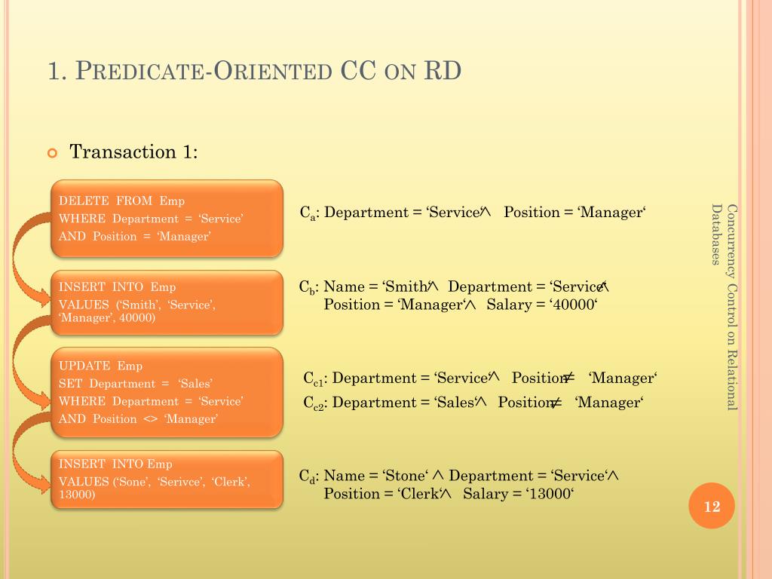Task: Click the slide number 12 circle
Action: (x=712, y=507)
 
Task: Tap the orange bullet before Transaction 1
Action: (x=52, y=153)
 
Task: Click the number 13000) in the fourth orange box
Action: (x=78, y=495)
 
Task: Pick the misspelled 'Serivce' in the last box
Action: (x=181, y=482)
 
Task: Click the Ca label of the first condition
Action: (x=307, y=213)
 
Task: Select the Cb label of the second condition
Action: (x=307, y=287)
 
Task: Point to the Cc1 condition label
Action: (x=314, y=379)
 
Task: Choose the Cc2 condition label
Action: (x=314, y=403)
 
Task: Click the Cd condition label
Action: (x=307, y=476)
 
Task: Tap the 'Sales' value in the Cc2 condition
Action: (x=455, y=403)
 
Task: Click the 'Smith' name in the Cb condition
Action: (x=406, y=286)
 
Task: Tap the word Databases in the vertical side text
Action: (x=715, y=235)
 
